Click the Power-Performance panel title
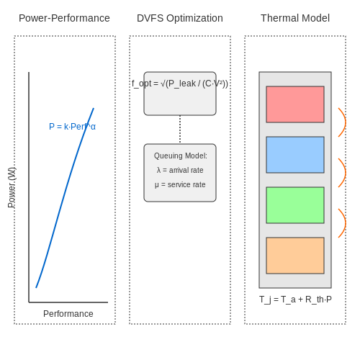(64, 18)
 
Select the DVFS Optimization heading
(180, 18)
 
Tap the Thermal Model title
(295, 18)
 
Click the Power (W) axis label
(12, 187)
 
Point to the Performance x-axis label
(68, 314)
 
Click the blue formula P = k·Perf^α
(72, 127)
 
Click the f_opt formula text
(180, 84)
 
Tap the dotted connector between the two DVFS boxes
(180, 130)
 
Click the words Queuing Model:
(181, 156)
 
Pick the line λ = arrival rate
(180, 170)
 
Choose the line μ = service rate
(180, 184)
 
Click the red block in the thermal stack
(295, 104)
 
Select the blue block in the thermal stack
(295, 155)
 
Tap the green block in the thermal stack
(295, 205)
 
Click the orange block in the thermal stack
(295, 256)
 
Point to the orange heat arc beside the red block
(346, 122)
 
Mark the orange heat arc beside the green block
(346, 223)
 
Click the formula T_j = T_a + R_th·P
(295, 300)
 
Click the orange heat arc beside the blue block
(346, 173)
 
